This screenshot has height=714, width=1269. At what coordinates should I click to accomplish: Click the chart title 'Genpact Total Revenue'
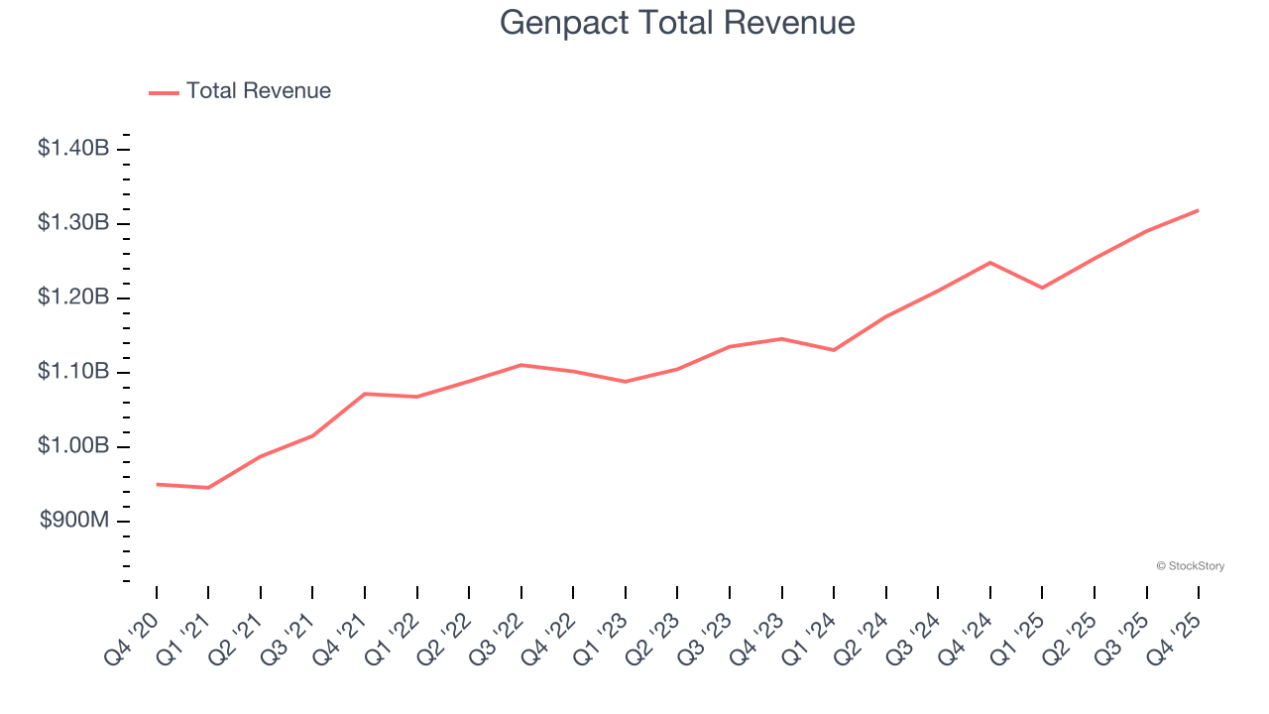coord(677,22)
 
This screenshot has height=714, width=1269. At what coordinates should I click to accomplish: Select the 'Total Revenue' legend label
coord(258,91)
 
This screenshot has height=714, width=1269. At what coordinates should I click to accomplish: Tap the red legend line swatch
coord(164,92)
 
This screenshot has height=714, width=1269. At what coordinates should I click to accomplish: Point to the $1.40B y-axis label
coord(73,149)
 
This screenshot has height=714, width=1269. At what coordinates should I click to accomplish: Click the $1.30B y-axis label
coord(73,223)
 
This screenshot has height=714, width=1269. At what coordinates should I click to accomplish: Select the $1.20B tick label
coord(73,297)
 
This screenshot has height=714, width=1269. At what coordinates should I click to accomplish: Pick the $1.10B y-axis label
coord(73,372)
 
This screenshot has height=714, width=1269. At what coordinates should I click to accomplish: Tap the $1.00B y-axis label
coord(73,446)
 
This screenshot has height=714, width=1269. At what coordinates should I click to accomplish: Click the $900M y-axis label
coord(74,521)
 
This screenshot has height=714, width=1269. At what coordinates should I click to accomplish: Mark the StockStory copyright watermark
coord(1190,566)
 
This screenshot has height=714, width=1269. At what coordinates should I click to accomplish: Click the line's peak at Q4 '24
coord(990,263)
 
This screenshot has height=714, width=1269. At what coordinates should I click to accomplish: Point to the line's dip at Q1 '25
coord(1042,288)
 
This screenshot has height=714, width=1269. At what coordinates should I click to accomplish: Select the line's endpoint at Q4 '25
coord(1198,210)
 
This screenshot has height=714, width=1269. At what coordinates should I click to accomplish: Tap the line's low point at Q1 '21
coord(208,488)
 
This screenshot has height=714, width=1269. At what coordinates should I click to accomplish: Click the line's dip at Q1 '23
coord(626,382)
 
